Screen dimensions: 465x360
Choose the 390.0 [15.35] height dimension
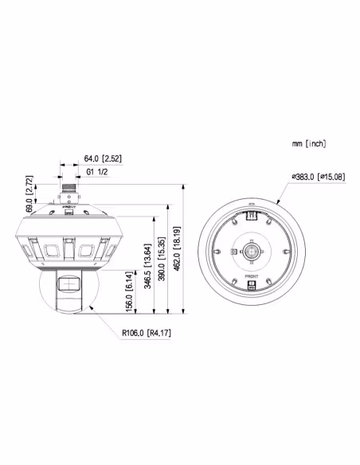(x=163, y=257)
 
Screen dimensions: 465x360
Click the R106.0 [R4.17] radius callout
(x=146, y=335)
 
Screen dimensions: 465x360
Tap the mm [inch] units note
(x=308, y=143)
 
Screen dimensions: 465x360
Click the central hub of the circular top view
(x=252, y=252)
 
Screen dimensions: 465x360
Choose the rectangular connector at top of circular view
(x=252, y=213)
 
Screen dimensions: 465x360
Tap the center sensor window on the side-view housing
(x=68, y=250)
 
